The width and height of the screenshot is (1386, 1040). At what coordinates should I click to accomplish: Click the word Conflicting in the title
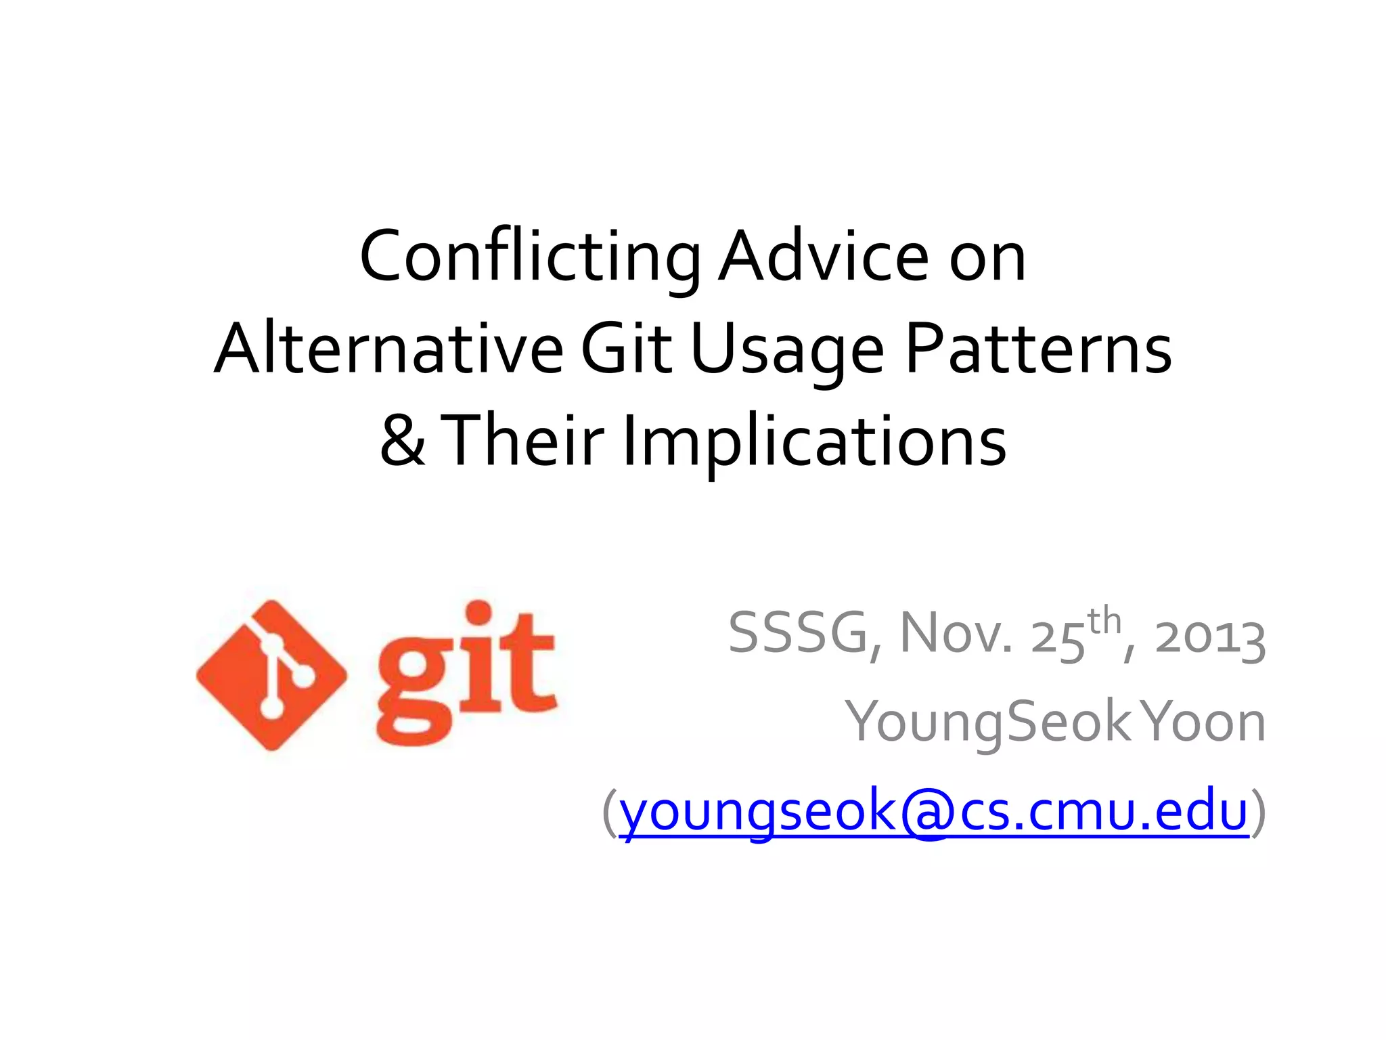530,258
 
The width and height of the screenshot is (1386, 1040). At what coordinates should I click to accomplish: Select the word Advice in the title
823,258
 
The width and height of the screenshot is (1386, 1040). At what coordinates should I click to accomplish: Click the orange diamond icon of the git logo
271,675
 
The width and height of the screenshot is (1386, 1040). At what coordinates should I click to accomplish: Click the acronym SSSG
799,634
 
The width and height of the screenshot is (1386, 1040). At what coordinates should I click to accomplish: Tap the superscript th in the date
1104,621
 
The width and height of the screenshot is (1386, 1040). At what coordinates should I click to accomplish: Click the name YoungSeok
988,722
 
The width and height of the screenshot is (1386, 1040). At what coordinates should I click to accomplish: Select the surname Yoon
1204,722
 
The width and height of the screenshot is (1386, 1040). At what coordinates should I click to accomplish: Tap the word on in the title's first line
987,258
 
